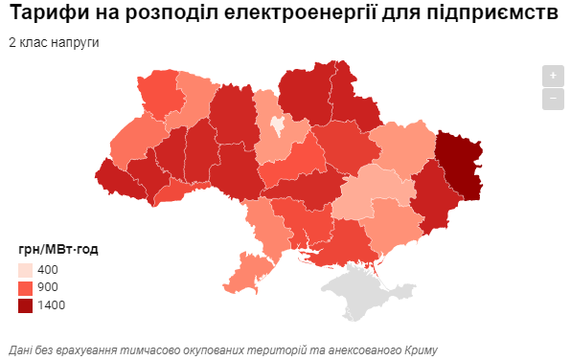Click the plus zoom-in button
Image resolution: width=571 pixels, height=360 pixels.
click(552, 76)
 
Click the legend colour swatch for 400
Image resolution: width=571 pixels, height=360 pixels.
click(26, 270)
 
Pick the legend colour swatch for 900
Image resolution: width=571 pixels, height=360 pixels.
click(26, 287)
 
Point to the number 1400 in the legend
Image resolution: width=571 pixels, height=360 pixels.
click(51, 305)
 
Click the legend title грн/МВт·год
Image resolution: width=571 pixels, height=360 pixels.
click(57, 250)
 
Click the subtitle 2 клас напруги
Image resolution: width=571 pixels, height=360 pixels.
click(54, 43)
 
